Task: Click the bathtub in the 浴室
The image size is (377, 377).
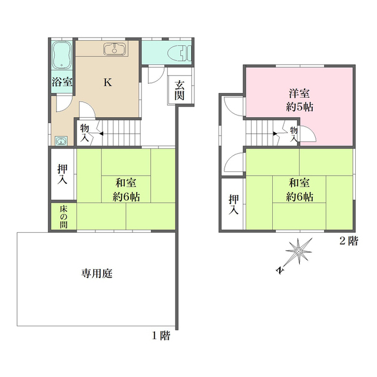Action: [62, 55]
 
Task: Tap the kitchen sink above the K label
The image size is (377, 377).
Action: [114, 49]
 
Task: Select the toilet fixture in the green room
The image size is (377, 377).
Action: [179, 54]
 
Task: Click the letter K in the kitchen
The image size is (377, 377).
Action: [108, 82]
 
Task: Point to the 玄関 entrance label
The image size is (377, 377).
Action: [179, 90]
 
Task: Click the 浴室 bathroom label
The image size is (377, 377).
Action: [62, 82]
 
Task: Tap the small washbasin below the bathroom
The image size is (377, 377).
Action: [61, 141]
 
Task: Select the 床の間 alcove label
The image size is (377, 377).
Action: [64, 217]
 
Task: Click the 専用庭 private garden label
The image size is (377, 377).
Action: [97, 273]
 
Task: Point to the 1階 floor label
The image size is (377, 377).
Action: [161, 335]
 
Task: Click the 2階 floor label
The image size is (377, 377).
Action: [349, 241]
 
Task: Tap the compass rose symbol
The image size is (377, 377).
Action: [299, 252]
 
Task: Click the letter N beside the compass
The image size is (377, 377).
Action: [280, 270]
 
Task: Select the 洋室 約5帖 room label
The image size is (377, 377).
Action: [299, 100]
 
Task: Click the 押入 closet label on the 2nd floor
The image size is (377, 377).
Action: [234, 204]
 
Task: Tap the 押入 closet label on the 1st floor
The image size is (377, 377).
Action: [62, 174]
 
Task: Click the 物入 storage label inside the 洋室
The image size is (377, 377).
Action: [294, 134]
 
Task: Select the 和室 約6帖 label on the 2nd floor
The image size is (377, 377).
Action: [299, 190]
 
